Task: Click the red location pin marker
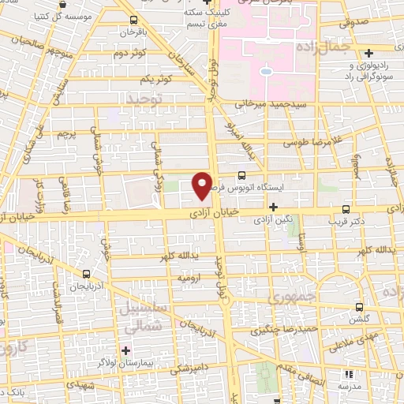click(203, 185)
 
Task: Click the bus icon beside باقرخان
click(133, 21)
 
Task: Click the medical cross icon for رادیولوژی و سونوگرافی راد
click(368, 54)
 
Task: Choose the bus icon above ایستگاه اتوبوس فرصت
click(241, 177)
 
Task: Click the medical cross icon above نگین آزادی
click(273, 206)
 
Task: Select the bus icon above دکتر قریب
click(346, 210)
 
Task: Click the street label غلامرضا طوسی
click(312, 143)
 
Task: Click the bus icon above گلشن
click(359, 307)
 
